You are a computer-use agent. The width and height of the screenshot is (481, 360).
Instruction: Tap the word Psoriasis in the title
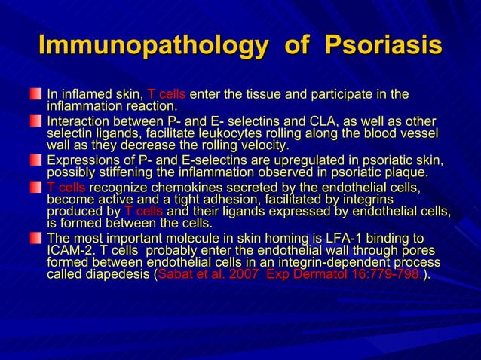[382, 45]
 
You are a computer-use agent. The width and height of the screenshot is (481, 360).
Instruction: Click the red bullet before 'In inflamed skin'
[35, 94]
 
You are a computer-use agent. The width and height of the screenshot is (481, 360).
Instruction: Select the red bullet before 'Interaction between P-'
[35, 121]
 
